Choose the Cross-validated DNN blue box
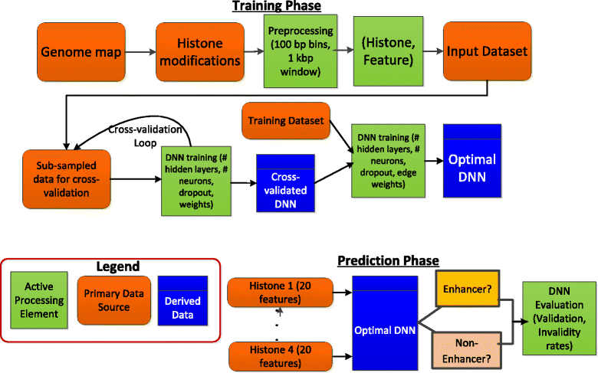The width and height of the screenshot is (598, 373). point(284,184)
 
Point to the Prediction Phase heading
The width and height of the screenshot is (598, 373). point(388,261)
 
